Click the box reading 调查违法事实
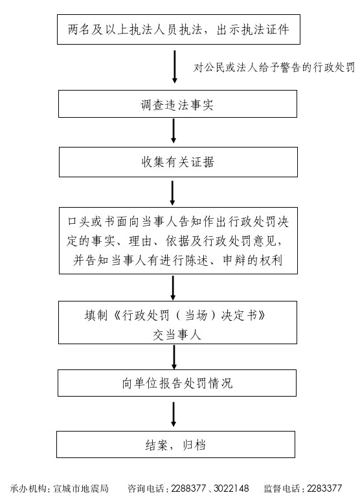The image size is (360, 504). (177, 104)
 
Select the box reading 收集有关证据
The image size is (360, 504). (178, 162)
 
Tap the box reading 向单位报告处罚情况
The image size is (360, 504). (177, 383)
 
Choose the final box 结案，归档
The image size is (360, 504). (175, 444)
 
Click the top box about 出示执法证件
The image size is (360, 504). (179, 29)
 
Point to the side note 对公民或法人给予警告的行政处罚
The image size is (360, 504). (274, 67)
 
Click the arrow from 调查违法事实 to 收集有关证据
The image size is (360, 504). (174, 131)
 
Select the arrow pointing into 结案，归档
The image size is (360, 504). (174, 414)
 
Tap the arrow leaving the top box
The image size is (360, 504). (175, 67)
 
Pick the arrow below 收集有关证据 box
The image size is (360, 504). (172, 193)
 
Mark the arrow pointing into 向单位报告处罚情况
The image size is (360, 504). (174, 357)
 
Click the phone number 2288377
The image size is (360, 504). (188, 488)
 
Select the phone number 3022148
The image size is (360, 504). (231, 488)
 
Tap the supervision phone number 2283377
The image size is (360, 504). (324, 488)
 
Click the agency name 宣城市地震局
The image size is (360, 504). (81, 488)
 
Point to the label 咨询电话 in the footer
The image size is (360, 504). (146, 488)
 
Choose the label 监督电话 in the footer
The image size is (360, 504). (282, 488)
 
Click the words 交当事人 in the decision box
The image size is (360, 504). (177, 335)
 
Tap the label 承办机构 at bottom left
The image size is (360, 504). (28, 488)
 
